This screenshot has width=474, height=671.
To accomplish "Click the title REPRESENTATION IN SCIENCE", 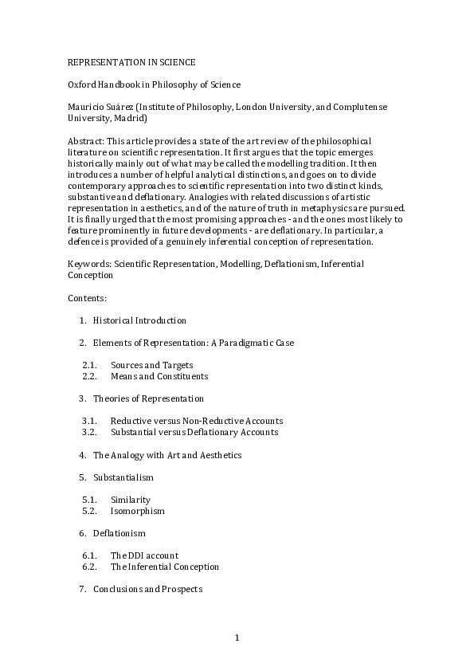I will (x=131, y=61).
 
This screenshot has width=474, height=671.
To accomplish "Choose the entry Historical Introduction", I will (x=139, y=320).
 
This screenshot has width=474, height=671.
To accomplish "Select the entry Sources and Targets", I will (x=151, y=365).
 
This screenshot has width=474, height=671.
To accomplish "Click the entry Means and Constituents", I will (x=159, y=376).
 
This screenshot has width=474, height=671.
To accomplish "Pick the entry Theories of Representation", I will (x=148, y=398).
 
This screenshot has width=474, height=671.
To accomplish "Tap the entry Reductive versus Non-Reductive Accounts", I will (x=197, y=421).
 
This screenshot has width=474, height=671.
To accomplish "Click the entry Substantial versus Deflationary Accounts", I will (x=194, y=432).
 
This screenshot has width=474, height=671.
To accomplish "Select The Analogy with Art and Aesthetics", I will (x=167, y=455).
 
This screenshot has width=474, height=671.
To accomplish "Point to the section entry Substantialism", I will (x=123, y=477).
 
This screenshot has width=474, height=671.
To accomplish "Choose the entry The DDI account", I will (x=144, y=555).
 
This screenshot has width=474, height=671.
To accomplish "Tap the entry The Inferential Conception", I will (x=165, y=567).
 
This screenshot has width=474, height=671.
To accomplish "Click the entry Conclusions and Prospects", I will (x=147, y=589).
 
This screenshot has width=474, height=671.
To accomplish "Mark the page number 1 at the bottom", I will (x=237, y=637).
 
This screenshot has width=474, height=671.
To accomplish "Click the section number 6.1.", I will (x=89, y=555).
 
